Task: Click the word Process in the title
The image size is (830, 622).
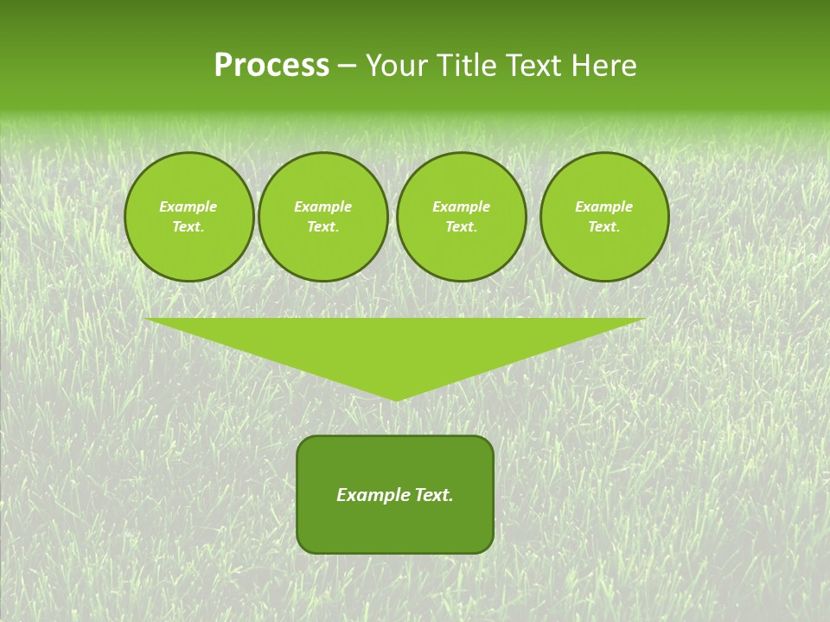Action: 271,66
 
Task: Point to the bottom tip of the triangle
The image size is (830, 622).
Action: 395,399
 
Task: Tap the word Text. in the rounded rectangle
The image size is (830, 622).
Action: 433,495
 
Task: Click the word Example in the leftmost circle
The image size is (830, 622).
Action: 188,206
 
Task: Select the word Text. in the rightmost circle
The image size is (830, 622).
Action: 604,226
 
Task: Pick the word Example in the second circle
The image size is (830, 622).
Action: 322,206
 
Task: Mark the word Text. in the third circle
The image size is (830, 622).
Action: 461,226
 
